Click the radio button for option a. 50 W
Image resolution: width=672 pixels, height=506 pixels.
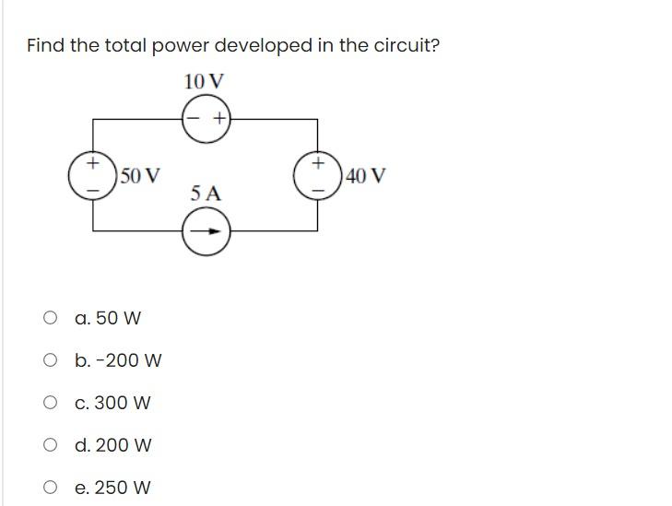coord(50,319)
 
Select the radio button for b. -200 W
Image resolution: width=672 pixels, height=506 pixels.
coord(50,361)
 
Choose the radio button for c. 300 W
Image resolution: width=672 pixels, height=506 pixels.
coord(50,404)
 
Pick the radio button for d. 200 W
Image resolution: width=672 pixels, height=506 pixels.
coord(50,446)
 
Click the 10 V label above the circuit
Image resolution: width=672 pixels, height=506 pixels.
coord(204,81)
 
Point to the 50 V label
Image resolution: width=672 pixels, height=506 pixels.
coord(140,175)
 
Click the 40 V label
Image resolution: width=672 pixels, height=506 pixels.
coord(365,175)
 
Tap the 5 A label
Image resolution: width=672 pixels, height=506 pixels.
coord(206,194)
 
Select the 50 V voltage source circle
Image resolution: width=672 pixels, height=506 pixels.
coord(93,175)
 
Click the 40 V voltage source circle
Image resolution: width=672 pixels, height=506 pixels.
coord(318,175)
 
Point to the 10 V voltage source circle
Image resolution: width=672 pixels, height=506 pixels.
coord(206,119)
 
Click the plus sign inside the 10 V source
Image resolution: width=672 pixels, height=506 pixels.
coord(218,119)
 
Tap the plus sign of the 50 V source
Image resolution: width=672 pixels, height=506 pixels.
coord(93,163)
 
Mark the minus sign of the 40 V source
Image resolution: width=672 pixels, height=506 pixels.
coord(318,188)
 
